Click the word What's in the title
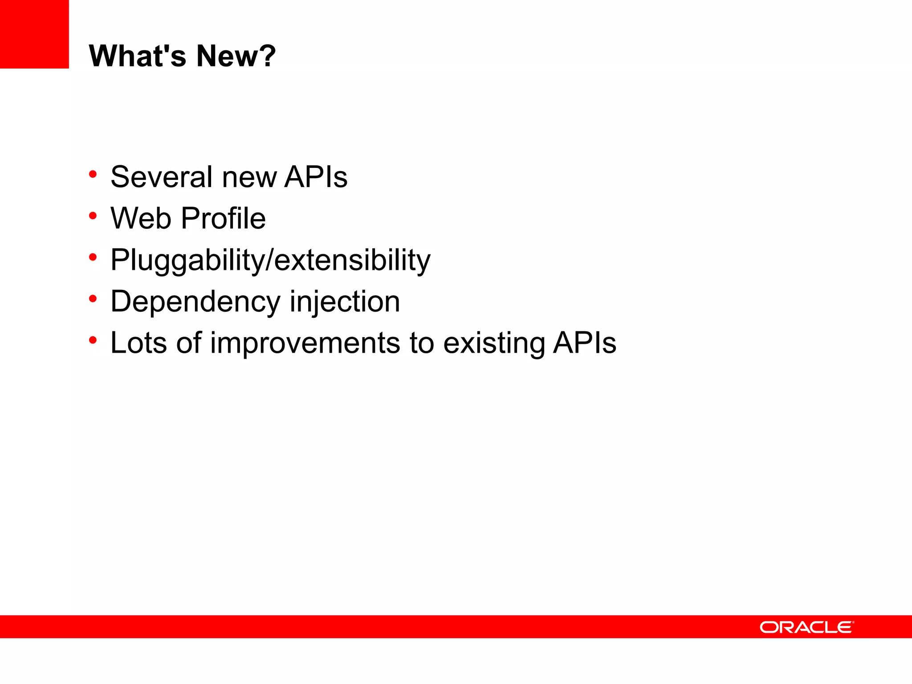[138, 56]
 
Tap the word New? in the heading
[236, 56]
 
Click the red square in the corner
[34, 34]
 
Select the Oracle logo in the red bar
[806, 627]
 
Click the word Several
[161, 177]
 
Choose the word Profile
[224, 218]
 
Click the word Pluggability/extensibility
[270, 260]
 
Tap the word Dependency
[195, 302]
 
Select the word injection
[345, 302]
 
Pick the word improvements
[305, 343]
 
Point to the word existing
[493, 343]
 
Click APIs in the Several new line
[316, 177]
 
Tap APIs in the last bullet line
[584, 343]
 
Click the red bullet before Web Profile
[93, 216]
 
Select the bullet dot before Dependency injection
[93, 299]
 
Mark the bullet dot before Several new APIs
[93, 174]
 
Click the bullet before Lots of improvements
[93, 340]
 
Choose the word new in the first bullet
[249, 177]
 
